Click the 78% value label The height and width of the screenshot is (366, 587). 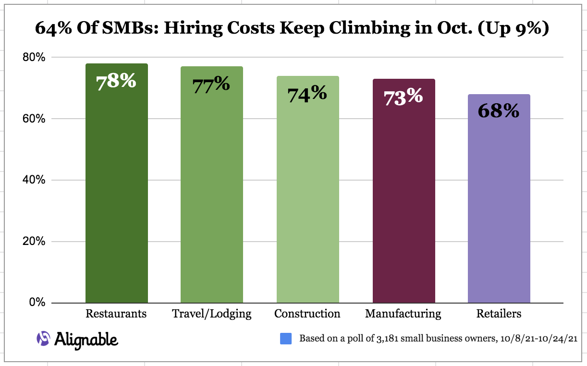point(116,81)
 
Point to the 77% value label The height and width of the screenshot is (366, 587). point(211,85)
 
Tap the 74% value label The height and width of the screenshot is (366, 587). point(307,94)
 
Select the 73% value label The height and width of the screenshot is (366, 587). point(404,97)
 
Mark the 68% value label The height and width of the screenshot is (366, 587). point(499,111)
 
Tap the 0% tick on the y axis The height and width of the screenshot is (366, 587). point(37,303)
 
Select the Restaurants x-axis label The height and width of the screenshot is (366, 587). point(116,314)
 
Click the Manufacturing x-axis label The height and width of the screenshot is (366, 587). point(403,314)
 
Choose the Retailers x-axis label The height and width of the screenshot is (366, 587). point(499,314)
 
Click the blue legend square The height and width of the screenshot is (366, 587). point(286,339)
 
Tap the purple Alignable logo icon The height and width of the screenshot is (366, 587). point(43,339)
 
